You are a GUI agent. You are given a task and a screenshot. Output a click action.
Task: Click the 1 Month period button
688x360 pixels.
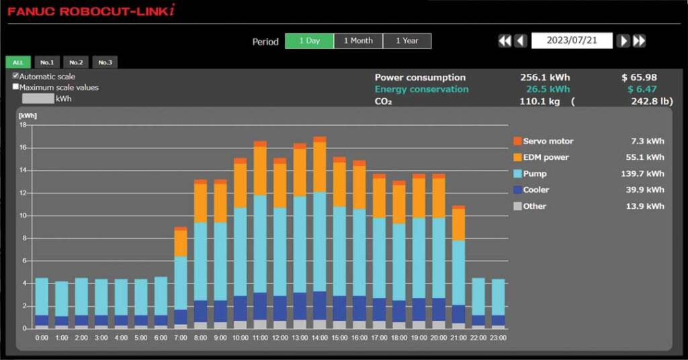tap(358, 41)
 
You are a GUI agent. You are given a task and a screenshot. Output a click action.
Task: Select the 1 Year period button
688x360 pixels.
tap(406, 41)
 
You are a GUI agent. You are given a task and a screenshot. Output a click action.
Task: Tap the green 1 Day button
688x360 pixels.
tap(309, 41)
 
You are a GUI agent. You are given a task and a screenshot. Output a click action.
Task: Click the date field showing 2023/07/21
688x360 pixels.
tap(571, 41)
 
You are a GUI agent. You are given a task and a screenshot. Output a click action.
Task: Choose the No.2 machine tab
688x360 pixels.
tap(76, 62)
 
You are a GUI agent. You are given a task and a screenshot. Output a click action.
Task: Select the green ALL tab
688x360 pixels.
tap(18, 62)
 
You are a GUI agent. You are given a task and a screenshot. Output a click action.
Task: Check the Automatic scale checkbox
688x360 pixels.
tap(16, 77)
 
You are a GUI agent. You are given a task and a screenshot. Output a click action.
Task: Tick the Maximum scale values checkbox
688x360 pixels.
tap(16, 87)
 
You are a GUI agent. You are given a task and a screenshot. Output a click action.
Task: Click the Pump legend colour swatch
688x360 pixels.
tap(517, 174)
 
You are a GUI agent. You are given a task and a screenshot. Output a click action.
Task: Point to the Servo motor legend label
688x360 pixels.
tap(548, 142)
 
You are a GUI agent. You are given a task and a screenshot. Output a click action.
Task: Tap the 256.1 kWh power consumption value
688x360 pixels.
tap(544, 77)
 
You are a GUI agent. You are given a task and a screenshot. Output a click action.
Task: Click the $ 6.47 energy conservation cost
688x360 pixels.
tap(642, 89)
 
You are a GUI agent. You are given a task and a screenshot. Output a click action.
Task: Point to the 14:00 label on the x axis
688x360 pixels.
tap(319, 338)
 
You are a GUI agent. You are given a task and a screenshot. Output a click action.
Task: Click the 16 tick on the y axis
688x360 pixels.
tap(22, 148)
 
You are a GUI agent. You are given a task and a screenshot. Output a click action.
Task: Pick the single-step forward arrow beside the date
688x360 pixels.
tap(623, 41)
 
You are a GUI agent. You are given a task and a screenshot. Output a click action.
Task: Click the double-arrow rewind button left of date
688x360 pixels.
tap(505, 41)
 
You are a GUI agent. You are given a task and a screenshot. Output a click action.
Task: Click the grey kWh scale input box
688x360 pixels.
tap(38, 99)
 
